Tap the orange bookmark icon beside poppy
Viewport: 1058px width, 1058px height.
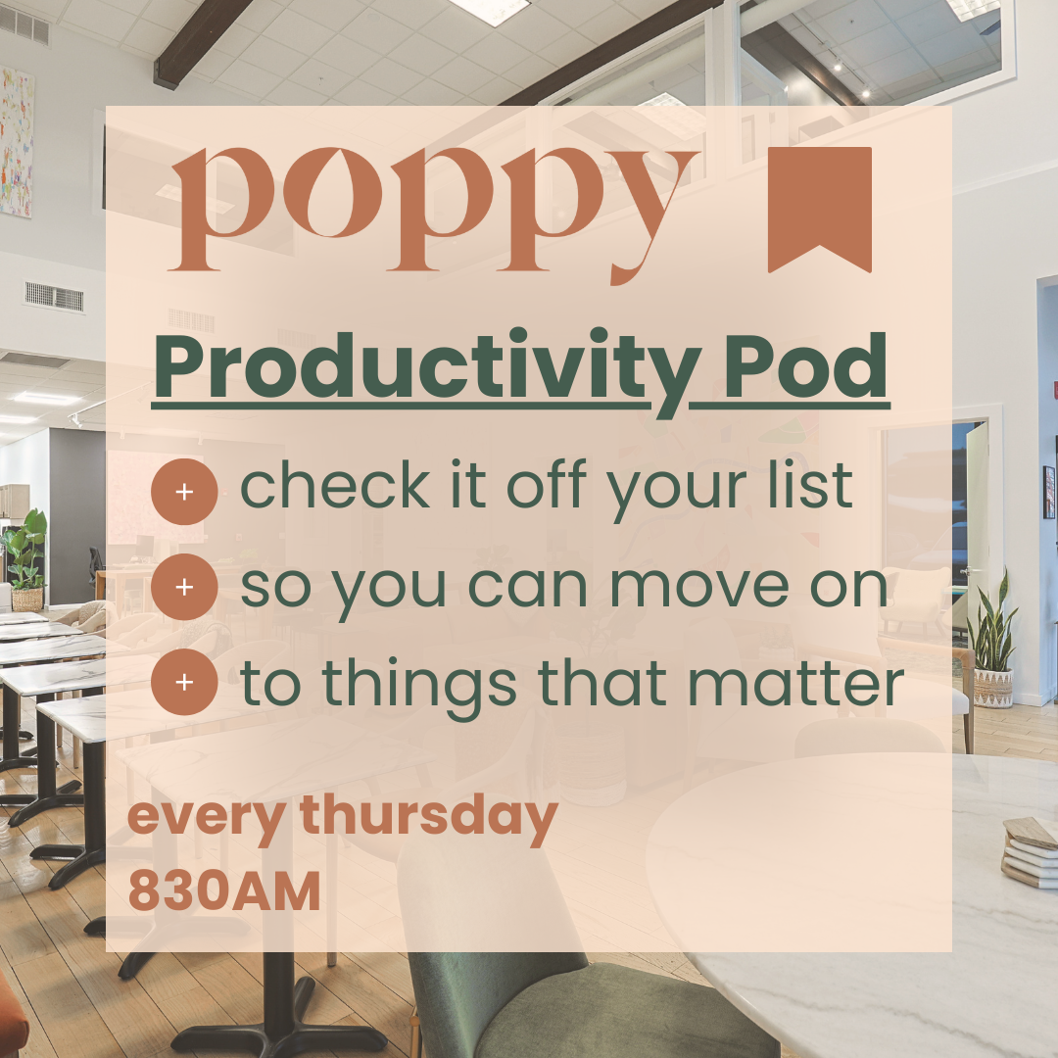point(820,210)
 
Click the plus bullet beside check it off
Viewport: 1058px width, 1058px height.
point(184,492)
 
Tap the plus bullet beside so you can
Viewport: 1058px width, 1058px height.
point(184,587)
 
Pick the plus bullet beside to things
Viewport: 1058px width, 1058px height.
point(184,682)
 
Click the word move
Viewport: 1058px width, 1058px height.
point(699,587)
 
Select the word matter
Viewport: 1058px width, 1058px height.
point(795,682)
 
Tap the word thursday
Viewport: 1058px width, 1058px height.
point(428,816)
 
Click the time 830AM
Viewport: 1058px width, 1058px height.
point(224,890)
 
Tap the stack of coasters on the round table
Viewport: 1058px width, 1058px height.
point(1031,851)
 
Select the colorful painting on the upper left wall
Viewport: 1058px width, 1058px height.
point(17,142)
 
